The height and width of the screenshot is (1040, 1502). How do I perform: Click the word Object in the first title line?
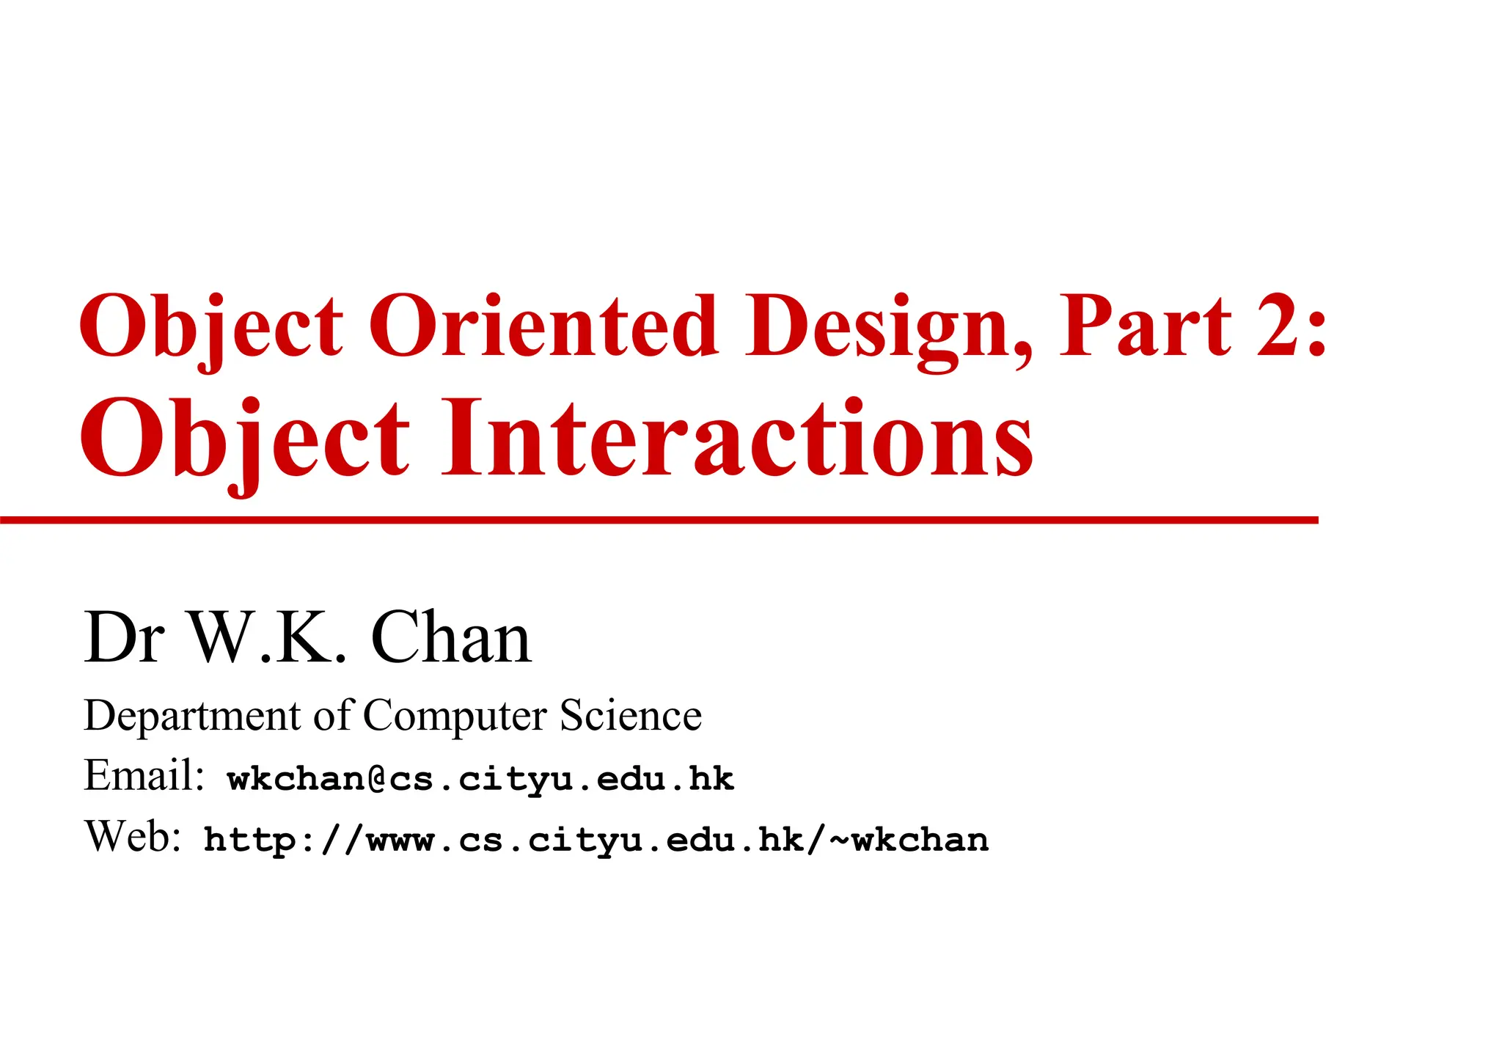[211, 326]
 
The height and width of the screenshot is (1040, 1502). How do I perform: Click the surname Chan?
[450, 637]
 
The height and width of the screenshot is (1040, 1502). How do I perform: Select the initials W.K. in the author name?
[268, 637]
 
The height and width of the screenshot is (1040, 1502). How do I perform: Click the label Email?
[144, 775]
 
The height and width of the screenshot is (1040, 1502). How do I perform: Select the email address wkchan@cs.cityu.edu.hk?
[480, 779]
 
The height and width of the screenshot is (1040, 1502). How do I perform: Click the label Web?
[133, 836]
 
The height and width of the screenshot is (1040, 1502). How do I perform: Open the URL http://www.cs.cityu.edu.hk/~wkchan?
[596, 841]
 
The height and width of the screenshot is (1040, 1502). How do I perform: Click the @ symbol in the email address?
[377, 779]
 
